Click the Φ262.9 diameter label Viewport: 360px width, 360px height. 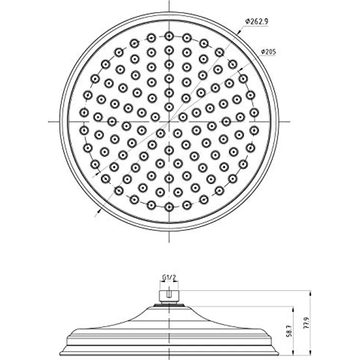click(x=257, y=22)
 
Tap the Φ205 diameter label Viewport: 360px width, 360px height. click(x=269, y=52)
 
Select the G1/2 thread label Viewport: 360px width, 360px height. click(x=169, y=277)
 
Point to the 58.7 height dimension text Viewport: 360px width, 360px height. click(x=290, y=331)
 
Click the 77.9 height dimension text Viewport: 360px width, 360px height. click(x=307, y=323)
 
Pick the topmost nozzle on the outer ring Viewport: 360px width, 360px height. click(x=169, y=36)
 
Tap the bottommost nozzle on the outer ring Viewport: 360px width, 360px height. click(x=169, y=207)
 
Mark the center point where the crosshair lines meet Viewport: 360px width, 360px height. click(x=169, y=121)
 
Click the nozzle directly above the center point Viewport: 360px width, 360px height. click(x=169, y=107)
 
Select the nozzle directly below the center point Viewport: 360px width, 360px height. click(x=169, y=150)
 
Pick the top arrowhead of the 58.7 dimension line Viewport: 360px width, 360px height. click(x=293, y=310)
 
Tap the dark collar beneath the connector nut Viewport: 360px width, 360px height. click(x=169, y=305)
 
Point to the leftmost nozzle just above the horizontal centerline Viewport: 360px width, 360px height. click(x=84, y=112)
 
